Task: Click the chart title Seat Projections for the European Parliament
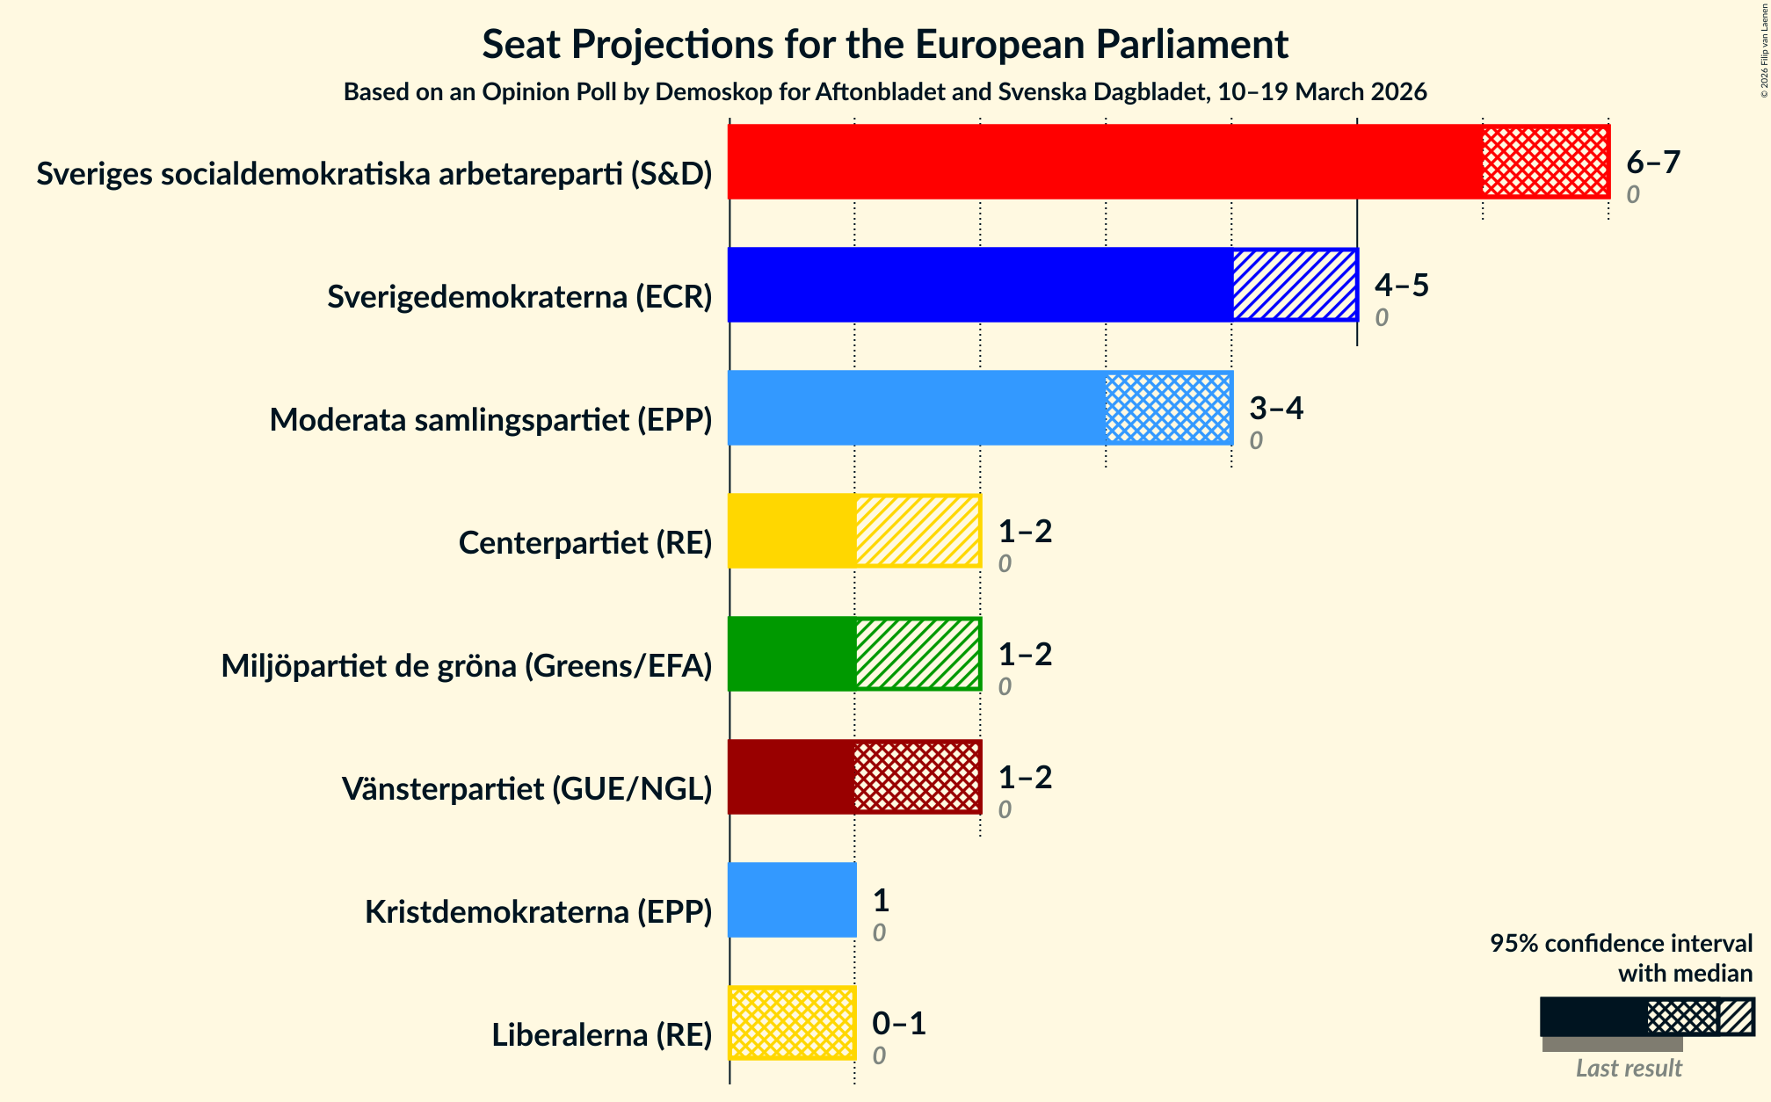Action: click(885, 45)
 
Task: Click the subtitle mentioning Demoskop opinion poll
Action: click(885, 92)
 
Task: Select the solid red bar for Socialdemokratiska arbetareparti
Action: click(1105, 162)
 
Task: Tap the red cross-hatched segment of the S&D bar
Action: click(1545, 162)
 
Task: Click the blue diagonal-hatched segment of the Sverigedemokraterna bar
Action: click(1295, 285)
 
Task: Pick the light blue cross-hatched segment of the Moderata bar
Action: click(1168, 408)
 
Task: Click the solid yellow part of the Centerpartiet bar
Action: click(792, 531)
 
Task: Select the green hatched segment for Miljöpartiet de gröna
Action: click(918, 654)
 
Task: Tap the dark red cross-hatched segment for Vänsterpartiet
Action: click(918, 777)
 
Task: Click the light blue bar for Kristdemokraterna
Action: click(792, 900)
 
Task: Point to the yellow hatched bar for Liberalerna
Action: click(792, 1023)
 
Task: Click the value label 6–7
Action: click(1652, 162)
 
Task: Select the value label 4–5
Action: click(1401, 285)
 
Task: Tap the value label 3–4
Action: click(1275, 408)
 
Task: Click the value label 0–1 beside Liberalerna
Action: click(898, 1023)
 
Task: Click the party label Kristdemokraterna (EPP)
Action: click(538, 912)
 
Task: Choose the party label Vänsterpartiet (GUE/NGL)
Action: click(526, 789)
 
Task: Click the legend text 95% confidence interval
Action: click(1621, 944)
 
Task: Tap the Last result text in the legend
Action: click(1628, 1068)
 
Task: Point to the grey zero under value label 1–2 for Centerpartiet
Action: click(1005, 563)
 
